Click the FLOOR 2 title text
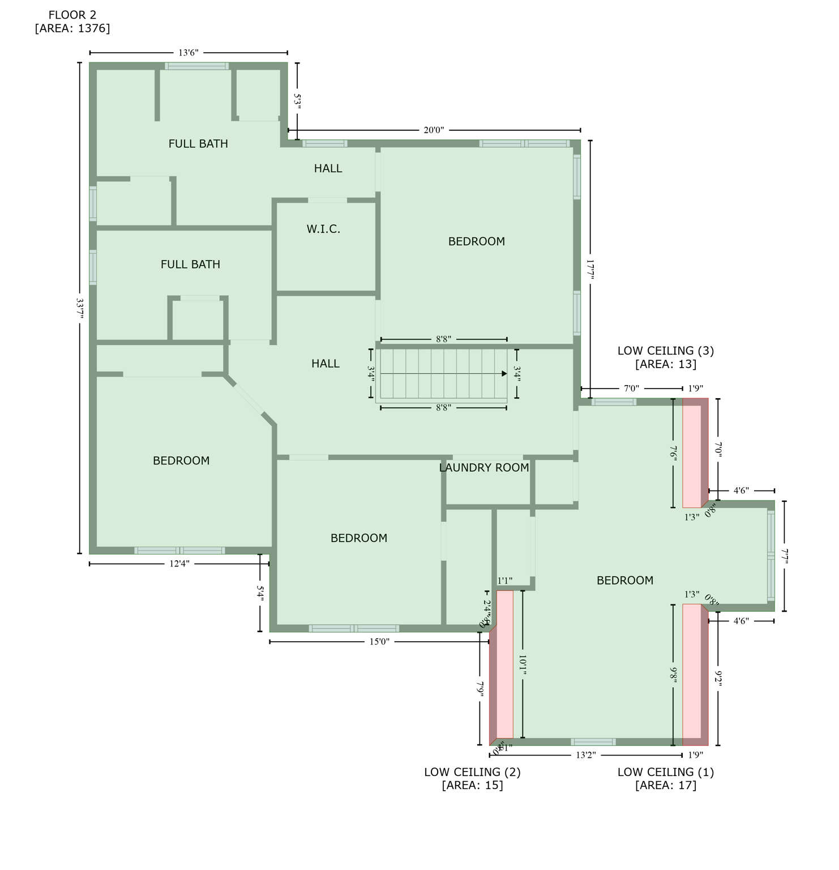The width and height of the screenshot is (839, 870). pyautogui.click(x=72, y=15)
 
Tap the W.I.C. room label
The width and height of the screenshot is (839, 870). pyautogui.click(x=323, y=229)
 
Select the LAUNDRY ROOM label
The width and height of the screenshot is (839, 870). pyautogui.click(x=484, y=467)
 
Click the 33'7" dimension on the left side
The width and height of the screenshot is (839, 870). pyautogui.click(x=79, y=309)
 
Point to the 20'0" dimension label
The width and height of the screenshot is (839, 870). pyautogui.click(x=434, y=130)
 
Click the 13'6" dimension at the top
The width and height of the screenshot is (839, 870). pyautogui.click(x=189, y=53)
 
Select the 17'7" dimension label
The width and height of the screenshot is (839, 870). pyautogui.click(x=590, y=270)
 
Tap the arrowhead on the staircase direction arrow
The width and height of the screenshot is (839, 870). pyautogui.click(x=504, y=374)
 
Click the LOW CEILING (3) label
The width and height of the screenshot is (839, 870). pyautogui.click(x=665, y=351)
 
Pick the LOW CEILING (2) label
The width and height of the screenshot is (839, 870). pyautogui.click(x=472, y=772)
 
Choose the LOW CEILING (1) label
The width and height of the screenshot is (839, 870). pyautogui.click(x=665, y=772)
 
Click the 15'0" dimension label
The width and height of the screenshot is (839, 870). pyautogui.click(x=379, y=642)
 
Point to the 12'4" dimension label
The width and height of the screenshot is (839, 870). pyautogui.click(x=179, y=564)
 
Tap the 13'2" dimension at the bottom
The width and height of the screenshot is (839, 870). pyautogui.click(x=586, y=755)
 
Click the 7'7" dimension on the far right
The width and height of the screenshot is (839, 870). pyautogui.click(x=784, y=556)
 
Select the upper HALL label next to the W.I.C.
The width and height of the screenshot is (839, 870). pyautogui.click(x=328, y=168)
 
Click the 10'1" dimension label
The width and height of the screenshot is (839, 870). pyautogui.click(x=523, y=665)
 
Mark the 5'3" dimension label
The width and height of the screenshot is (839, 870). pyautogui.click(x=297, y=101)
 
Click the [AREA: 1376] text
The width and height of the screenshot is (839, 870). pyautogui.click(x=72, y=28)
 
